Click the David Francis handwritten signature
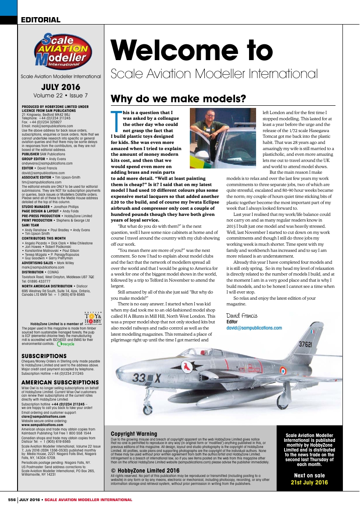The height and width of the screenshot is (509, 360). click(x=242, y=315)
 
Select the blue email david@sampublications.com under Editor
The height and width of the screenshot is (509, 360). click(x=254, y=328)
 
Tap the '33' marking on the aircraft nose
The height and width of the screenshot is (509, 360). click(x=139, y=377)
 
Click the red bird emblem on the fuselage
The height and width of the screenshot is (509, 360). click(x=189, y=366)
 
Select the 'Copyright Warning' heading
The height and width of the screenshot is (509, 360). click(x=134, y=434)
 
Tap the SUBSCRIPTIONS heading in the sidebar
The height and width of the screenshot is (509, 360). click(x=44, y=356)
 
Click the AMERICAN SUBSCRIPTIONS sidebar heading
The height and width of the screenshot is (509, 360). click(x=60, y=383)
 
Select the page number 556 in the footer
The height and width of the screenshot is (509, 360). click(x=12, y=499)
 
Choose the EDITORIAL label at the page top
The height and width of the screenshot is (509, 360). click(x=40, y=20)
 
